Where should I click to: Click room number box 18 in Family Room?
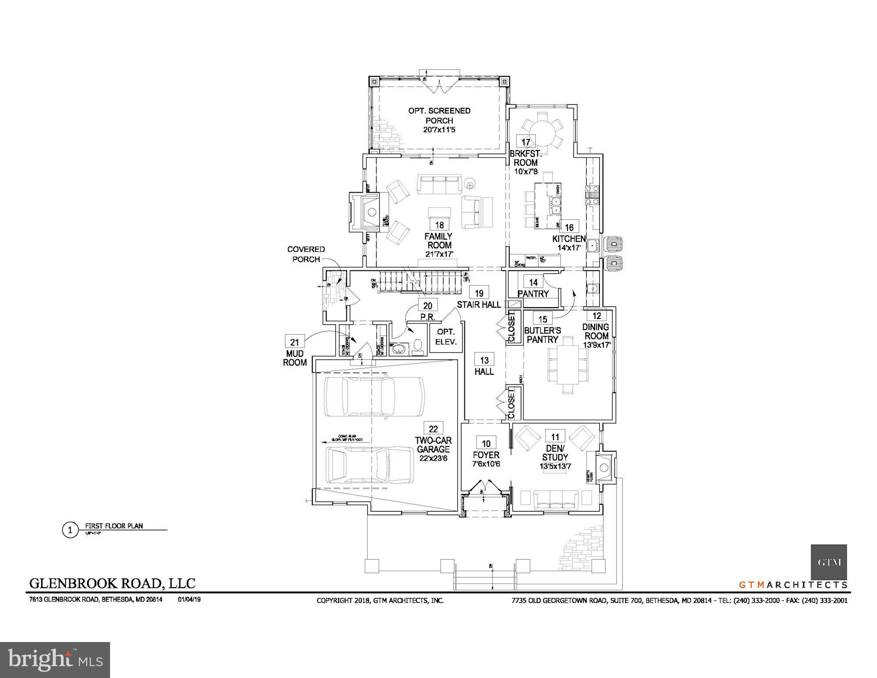[x=439, y=225]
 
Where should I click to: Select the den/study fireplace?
[x=604, y=468]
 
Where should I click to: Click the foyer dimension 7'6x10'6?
[x=486, y=464]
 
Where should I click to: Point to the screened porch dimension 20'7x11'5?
[x=439, y=130]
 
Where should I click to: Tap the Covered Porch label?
[x=306, y=254]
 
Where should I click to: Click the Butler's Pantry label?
[x=542, y=335]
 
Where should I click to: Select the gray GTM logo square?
[x=828, y=562]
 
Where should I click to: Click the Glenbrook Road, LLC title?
[x=112, y=583]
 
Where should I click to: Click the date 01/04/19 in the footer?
[x=189, y=599]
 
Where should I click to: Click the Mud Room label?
[x=295, y=358]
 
